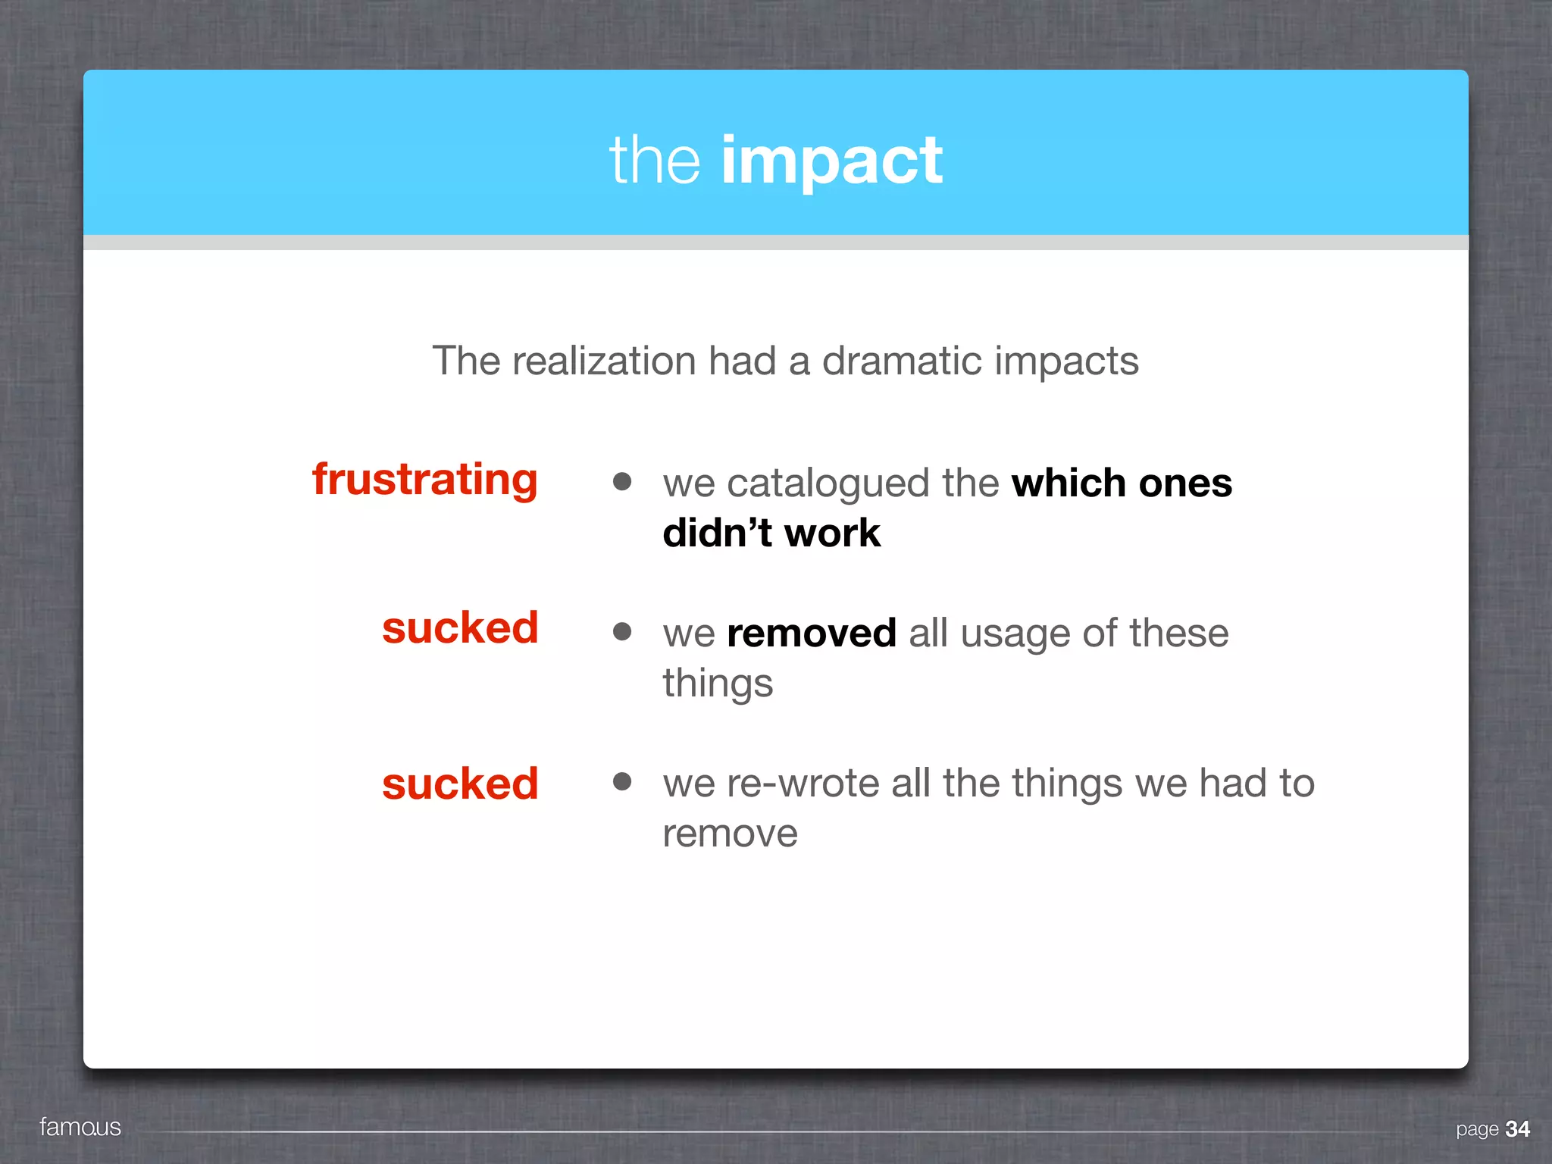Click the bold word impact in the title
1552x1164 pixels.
tap(831, 161)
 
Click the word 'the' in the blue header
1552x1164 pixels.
tap(655, 161)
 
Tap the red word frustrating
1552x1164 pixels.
tap(425, 480)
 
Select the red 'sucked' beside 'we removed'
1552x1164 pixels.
tap(460, 628)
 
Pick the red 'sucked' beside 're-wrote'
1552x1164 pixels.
tap(460, 784)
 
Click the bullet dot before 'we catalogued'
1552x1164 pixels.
tap(622, 481)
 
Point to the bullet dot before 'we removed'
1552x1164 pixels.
tap(622, 631)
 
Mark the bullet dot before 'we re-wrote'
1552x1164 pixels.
tap(622, 781)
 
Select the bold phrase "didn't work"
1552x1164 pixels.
tap(771, 533)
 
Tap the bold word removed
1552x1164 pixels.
tap(812, 633)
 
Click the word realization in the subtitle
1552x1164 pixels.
tap(604, 361)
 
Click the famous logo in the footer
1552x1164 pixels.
tap(80, 1127)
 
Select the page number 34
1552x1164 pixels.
tap(1517, 1129)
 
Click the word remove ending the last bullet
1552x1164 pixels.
tap(730, 834)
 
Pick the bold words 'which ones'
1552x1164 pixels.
tap(1122, 483)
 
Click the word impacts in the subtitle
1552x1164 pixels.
tap(1066, 361)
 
